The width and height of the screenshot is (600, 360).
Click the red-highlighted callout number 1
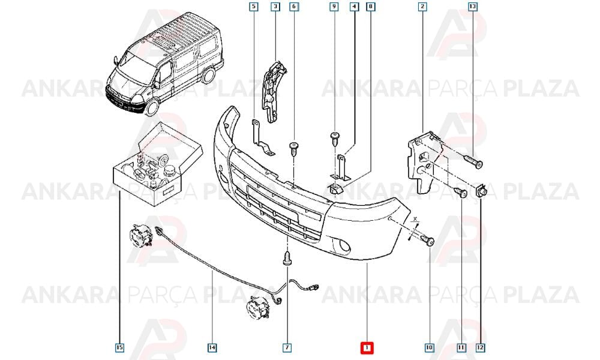367,347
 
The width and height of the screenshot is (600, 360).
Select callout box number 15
120,347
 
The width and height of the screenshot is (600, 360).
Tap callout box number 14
212,347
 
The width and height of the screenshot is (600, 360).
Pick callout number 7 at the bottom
287,347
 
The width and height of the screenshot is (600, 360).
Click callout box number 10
430,347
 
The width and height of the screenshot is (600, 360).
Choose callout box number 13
473,7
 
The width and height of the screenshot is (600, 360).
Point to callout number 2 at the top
422,7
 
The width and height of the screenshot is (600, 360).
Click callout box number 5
254,7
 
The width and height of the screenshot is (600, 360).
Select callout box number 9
334,7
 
